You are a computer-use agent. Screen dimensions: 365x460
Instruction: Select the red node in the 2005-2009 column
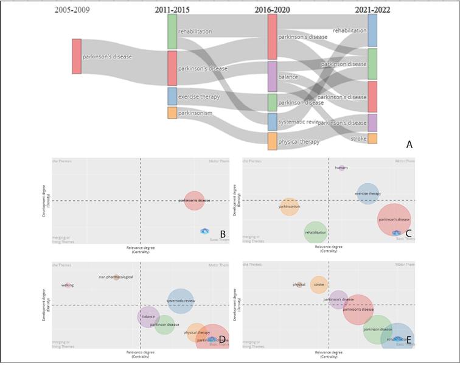77,56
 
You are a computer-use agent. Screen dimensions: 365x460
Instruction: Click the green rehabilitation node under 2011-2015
172,32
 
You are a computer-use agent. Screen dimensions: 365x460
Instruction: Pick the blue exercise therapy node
172,96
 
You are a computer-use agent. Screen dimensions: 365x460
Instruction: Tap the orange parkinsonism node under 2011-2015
172,113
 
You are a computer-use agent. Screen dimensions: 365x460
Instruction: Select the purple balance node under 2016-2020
272,77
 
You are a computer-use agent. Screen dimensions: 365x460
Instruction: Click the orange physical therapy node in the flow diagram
272,141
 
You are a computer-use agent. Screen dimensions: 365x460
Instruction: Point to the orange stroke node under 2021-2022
372,139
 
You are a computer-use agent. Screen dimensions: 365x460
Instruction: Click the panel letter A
409,144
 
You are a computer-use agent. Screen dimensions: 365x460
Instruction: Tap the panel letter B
223,234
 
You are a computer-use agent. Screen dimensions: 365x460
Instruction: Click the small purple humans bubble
341,167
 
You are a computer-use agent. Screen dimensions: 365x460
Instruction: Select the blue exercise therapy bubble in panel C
368,193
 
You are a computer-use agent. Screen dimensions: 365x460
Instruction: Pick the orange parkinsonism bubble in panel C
289,207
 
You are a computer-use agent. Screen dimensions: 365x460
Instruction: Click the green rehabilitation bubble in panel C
315,232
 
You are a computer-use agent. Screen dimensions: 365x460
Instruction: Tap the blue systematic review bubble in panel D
180,301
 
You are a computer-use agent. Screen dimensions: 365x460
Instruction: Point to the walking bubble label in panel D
67,285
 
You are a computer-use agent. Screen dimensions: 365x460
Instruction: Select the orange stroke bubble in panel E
319,284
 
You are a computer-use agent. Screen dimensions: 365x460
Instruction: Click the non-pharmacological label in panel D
116,277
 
